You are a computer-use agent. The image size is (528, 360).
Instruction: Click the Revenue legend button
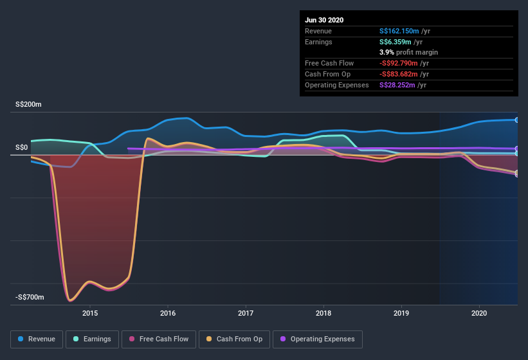click(x=37, y=339)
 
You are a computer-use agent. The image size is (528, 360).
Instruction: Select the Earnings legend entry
click(x=92, y=339)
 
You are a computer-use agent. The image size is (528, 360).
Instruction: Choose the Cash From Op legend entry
click(x=234, y=339)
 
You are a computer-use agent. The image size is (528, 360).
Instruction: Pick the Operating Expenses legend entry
click(x=317, y=339)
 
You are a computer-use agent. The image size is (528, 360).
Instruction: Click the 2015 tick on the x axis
click(x=90, y=313)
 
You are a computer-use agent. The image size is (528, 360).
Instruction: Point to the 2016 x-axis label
click(x=168, y=313)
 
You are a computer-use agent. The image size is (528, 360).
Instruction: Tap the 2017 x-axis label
click(x=246, y=313)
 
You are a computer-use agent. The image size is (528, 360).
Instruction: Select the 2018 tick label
click(x=323, y=313)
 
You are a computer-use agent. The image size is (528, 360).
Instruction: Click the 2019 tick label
click(x=401, y=313)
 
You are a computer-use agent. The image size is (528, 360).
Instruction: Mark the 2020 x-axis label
click(x=479, y=313)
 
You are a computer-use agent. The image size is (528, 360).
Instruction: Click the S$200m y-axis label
click(x=29, y=104)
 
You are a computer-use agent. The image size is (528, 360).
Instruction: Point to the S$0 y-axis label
click(x=23, y=147)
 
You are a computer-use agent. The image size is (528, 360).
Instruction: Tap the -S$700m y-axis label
click(x=30, y=297)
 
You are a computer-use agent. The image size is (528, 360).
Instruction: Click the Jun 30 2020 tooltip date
click(x=324, y=20)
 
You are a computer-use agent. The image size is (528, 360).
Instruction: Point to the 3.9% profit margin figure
click(x=386, y=52)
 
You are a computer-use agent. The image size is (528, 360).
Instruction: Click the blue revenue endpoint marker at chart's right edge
click(x=517, y=120)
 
